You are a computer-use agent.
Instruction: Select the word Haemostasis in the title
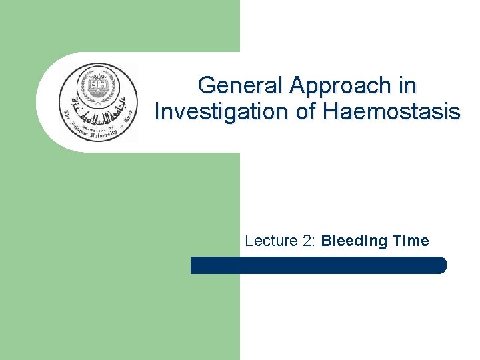pyautogui.click(x=391, y=111)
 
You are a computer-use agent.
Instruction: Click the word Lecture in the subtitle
pyautogui.click(x=269, y=241)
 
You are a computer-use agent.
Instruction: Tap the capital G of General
pyautogui.click(x=207, y=86)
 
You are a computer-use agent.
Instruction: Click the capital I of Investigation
pyautogui.click(x=157, y=111)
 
